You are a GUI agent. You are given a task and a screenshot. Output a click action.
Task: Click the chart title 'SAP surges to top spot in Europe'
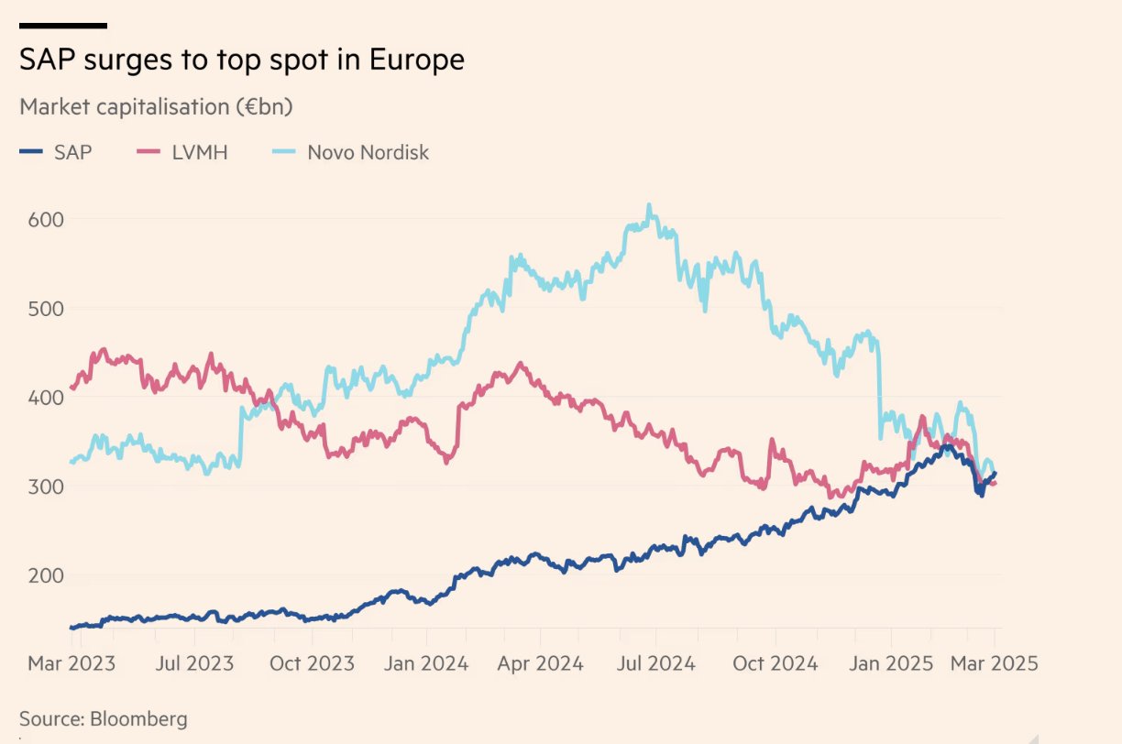[x=242, y=60]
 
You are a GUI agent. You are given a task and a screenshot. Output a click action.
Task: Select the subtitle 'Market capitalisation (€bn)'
[x=156, y=107]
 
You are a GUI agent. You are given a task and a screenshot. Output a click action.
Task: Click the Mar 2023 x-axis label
[x=71, y=662]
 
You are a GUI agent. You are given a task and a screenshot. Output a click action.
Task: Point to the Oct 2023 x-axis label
[x=311, y=662]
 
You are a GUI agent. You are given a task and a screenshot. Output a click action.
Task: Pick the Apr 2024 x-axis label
[x=540, y=662]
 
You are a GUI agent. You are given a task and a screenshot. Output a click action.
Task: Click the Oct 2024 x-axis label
[x=775, y=662]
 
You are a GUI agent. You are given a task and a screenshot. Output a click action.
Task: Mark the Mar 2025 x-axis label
[x=995, y=662]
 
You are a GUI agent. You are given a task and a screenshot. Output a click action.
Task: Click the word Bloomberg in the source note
[x=138, y=718]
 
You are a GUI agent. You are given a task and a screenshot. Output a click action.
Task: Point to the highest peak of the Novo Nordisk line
[x=649, y=205]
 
